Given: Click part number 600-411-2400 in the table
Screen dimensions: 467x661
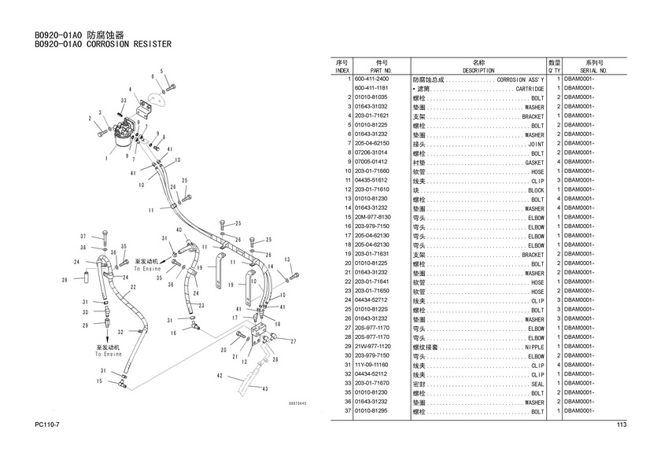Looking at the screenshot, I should pyautogui.click(x=371, y=79).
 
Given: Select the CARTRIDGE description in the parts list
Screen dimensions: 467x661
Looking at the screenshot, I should pyautogui.click(x=525, y=89).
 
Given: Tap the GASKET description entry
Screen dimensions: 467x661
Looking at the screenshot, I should pyautogui.click(x=531, y=163).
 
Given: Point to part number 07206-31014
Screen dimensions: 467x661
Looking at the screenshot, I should pyautogui.click(x=371, y=153).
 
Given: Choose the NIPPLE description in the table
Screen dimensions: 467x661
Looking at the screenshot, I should pyautogui.click(x=533, y=347).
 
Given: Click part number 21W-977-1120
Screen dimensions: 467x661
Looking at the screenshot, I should pyautogui.click(x=373, y=347).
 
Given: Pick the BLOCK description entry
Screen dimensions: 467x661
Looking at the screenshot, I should pyautogui.click(x=535, y=190).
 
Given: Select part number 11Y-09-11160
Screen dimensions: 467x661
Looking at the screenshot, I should pyautogui.click(x=371, y=365).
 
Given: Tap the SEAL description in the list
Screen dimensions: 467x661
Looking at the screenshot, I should pyautogui.click(x=537, y=384).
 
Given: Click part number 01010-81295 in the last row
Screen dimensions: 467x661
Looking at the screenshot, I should pyautogui.click(x=371, y=411).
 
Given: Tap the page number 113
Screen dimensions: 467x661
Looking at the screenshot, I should pyautogui.click(x=621, y=425).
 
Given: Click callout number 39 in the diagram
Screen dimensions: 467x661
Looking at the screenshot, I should pyautogui.click(x=64, y=280).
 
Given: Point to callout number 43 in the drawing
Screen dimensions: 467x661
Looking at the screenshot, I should pyautogui.click(x=264, y=389).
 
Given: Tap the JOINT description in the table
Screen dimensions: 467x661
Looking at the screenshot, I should pyautogui.click(x=535, y=144).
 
